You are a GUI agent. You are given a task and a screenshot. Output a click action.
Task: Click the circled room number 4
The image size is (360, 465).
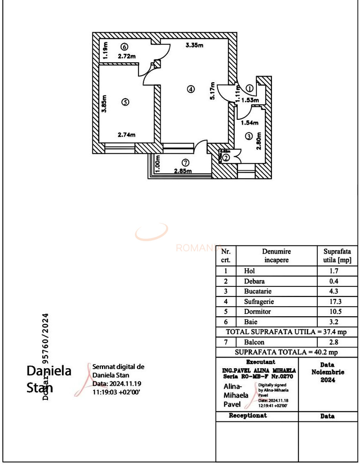point(190,89)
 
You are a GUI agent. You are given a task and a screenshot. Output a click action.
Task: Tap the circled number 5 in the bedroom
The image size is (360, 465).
point(125,102)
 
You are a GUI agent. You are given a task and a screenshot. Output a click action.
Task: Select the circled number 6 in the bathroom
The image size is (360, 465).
point(124,46)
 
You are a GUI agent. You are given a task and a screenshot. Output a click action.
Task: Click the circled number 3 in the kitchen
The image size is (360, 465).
point(249,136)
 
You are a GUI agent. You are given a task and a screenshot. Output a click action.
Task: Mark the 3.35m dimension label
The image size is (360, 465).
point(194,45)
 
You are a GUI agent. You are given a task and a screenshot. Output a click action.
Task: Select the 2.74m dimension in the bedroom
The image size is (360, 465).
point(127,135)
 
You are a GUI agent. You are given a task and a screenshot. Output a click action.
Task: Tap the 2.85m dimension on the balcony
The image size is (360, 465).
point(183,171)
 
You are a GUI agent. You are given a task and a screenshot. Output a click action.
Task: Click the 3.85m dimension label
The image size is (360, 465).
point(104,104)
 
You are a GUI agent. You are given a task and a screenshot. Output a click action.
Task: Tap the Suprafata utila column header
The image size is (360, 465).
point(337,256)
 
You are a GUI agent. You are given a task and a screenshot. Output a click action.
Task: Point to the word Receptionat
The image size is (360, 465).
point(248,415)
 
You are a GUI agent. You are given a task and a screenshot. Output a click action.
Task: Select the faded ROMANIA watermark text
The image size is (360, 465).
point(198,248)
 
